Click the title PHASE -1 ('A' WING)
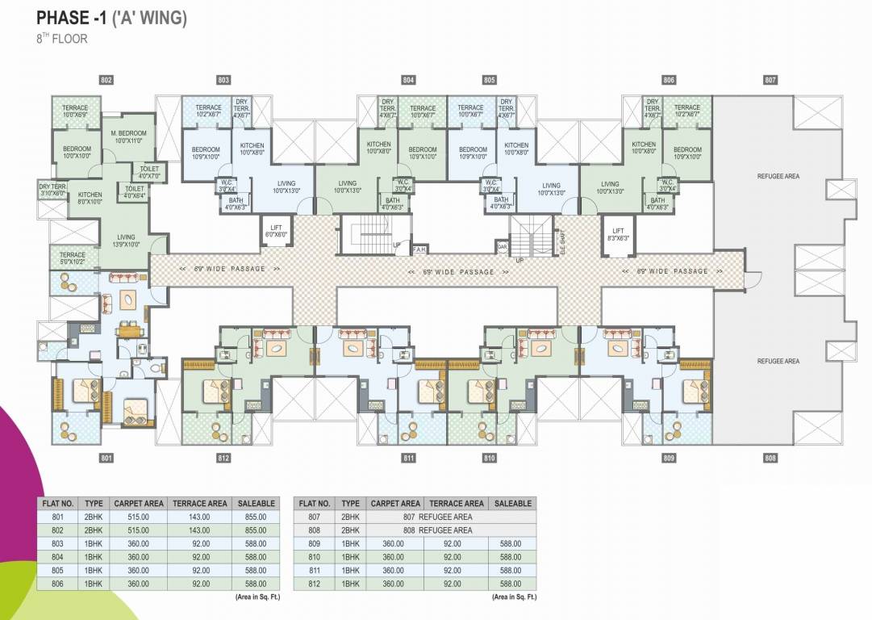(111, 18)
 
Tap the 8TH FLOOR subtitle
(61, 39)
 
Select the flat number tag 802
(106, 80)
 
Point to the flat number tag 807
(770, 80)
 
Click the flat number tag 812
(223, 459)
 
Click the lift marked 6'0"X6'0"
(276, 231)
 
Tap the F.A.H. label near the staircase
(419, 250)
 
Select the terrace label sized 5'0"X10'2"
(72, 258)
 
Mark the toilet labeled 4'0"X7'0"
(149, 172)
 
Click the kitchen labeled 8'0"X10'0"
(90, 198)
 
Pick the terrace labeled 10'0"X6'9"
(76, 111)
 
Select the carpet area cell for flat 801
(139, 517)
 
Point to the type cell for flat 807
(350, 517)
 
